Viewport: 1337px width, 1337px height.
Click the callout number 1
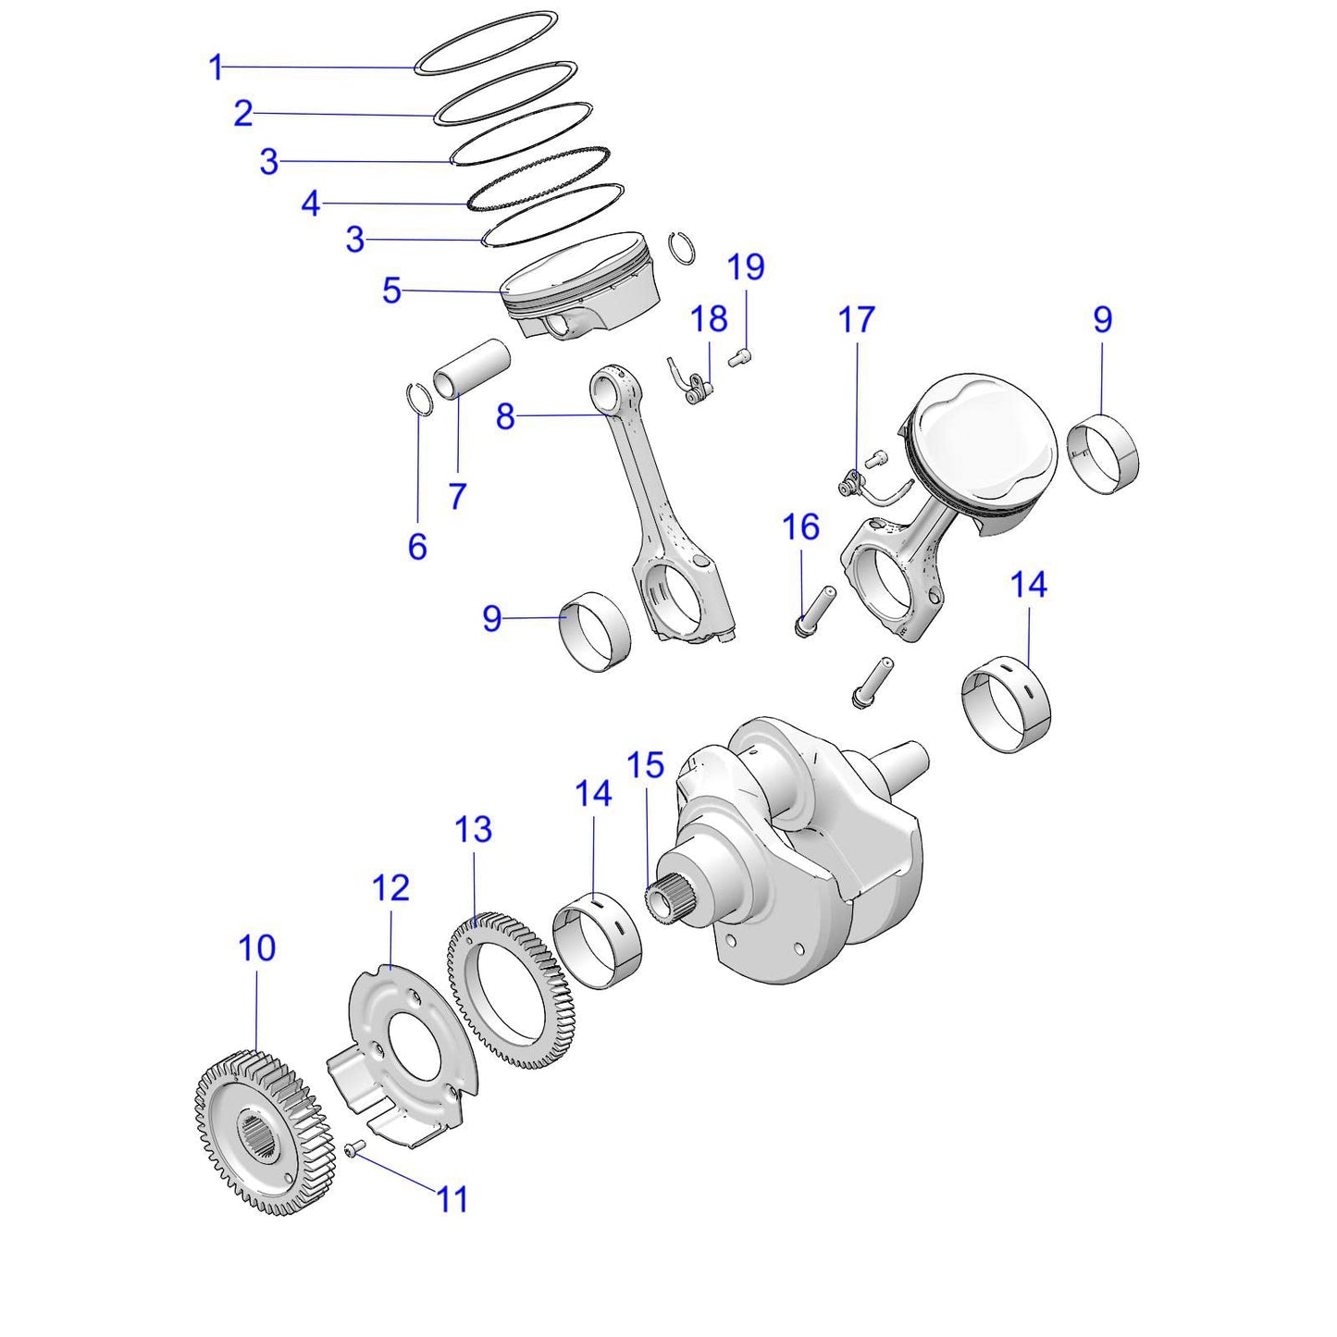tap(217, 68)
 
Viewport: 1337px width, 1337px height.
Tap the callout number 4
tap(311, 204)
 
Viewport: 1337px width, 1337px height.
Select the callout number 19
tap(746, 267)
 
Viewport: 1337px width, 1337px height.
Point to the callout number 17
tap(856, 320)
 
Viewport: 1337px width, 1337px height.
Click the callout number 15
tap(646, 766)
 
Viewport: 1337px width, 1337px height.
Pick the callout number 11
tap(452, 1200)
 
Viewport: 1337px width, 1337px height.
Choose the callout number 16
tap(800, 527)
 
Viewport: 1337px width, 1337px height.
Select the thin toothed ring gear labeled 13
tap(509, 990)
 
